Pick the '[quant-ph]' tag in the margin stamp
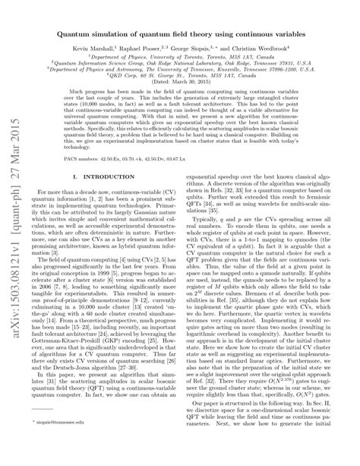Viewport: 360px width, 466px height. pos(16,203)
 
